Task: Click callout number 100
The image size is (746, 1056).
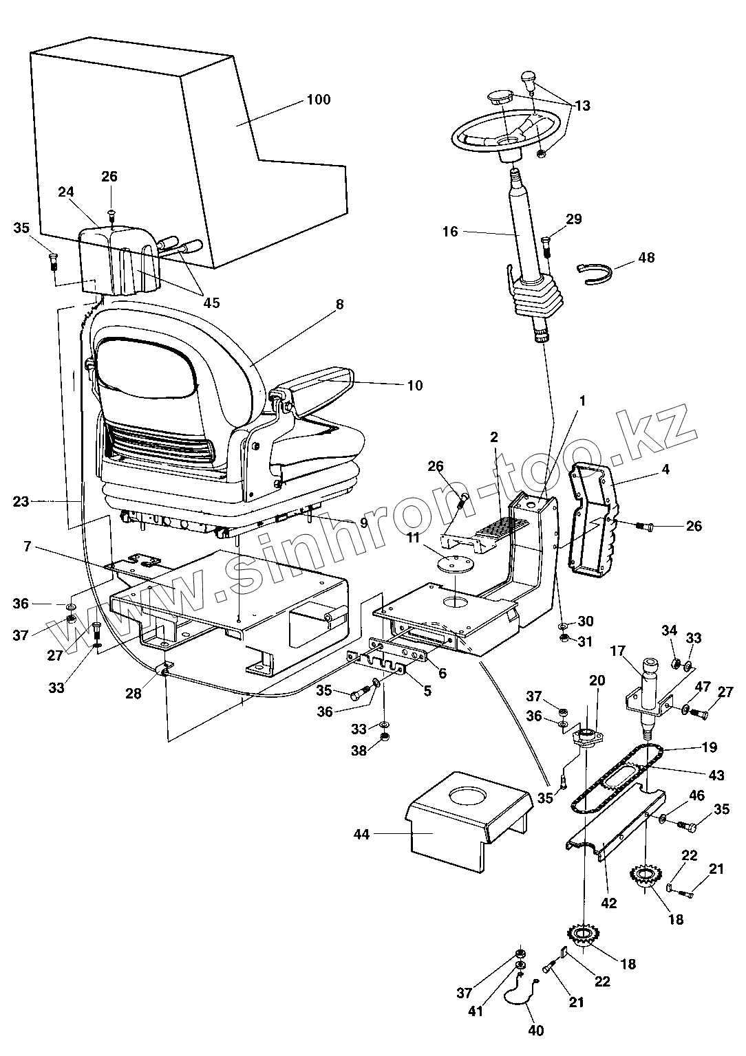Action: coord(318,100)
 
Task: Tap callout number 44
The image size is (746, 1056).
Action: coord(361,834)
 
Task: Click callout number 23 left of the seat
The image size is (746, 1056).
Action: coord(21,501)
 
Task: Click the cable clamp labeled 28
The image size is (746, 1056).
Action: coord(165,669)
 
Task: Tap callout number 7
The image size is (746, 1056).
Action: coord(28,547)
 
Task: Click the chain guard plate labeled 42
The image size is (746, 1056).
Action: coord(612,825)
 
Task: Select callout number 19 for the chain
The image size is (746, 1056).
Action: coord(709,747)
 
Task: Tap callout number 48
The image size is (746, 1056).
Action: coord(646,258)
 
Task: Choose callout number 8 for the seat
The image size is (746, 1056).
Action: coord(339,304)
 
